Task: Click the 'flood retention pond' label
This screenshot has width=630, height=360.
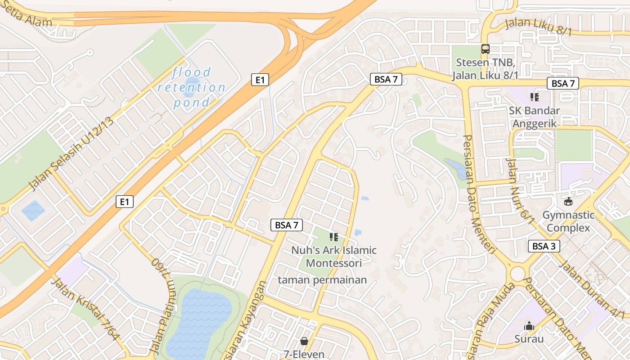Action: click(x=192, y=87)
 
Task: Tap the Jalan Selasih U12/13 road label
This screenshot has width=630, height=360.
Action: click(x=71, y=153)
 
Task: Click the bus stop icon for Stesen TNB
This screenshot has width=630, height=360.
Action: click(x=485, y=49)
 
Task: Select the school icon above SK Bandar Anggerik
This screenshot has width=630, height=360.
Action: click(x=535, y=97)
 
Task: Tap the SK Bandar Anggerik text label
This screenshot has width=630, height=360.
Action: click(x=535, y=117)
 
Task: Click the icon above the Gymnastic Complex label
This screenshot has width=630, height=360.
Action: click(x=568, y=202)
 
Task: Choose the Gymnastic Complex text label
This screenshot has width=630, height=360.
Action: click(x=568, y=221)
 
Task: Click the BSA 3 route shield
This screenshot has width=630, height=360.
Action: click(x=544, y=246)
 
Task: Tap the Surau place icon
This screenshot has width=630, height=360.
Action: click(x=529, y=326)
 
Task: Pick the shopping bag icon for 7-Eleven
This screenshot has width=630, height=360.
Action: click(x=304, y=341)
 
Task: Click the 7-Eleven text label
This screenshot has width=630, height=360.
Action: click(x=304, y=354)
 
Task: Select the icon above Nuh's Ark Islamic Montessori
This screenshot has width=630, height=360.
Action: click(x=333, y=237)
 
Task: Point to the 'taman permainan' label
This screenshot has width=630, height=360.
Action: click(x=322, y=280)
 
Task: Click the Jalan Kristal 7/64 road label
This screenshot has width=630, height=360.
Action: click(x=85, y=310)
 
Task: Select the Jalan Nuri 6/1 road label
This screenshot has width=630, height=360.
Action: click(x=520, y=191)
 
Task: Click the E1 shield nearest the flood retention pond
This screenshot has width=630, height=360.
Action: click(x=260, y=80)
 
